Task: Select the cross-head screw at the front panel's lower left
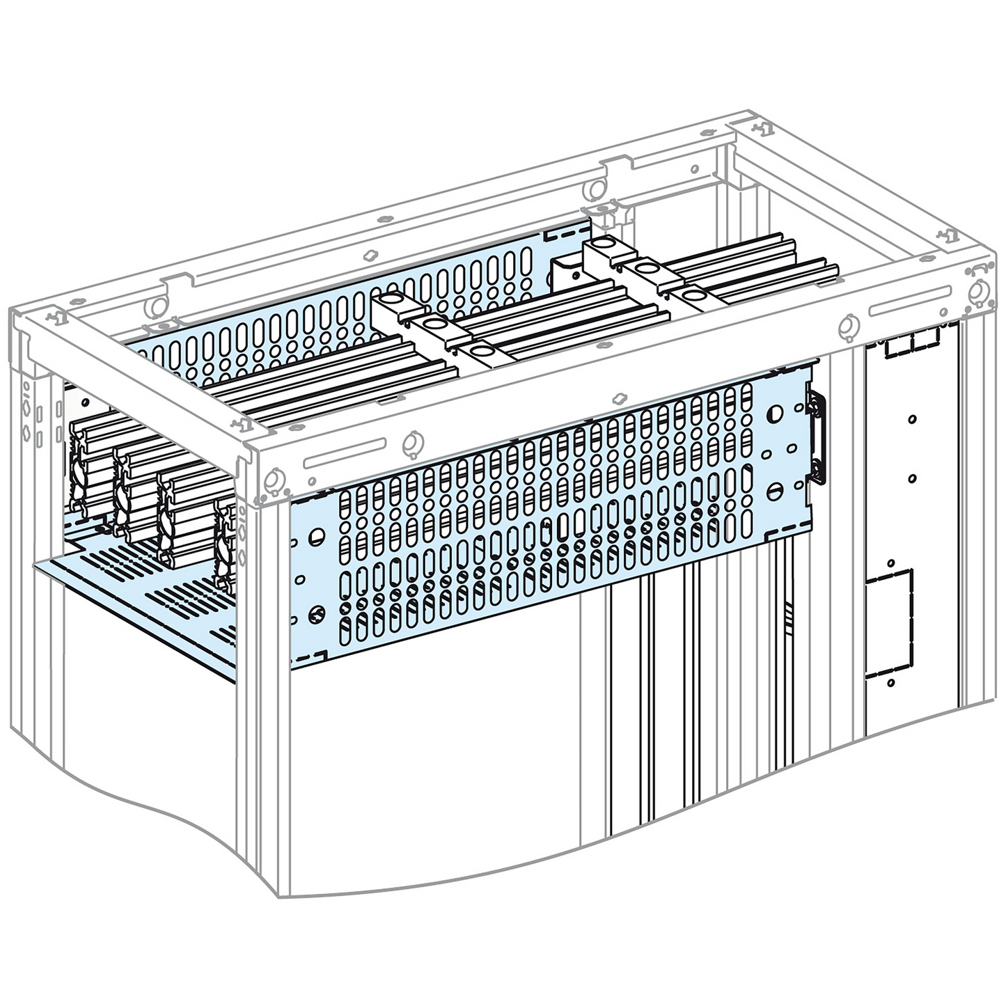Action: (x=315, y=614)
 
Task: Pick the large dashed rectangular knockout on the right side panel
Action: (x=888, y=624)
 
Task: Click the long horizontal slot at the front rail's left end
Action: (x=345, y=460)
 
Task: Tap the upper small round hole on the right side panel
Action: (x=913, y=420)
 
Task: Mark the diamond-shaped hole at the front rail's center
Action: (x=615, y=399)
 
